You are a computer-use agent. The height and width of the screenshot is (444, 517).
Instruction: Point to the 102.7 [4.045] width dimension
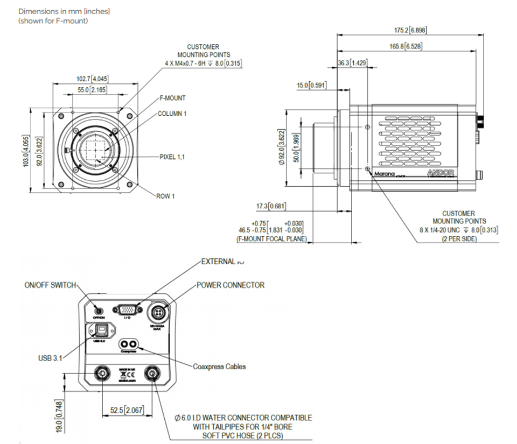[95, 79]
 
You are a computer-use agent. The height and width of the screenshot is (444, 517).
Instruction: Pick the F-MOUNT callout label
[172, 98]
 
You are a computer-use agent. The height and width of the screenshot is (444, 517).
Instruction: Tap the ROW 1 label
[166, 196]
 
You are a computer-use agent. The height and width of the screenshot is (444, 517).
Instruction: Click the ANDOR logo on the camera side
[441, 173]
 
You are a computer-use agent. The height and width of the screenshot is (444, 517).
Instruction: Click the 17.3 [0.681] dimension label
[270, 206]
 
